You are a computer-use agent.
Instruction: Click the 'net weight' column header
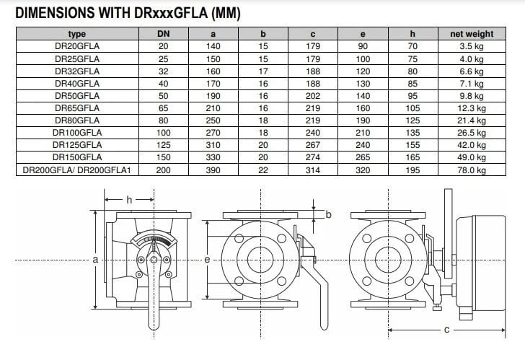coord(472,34)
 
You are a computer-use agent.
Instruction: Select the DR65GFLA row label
coord(77,108)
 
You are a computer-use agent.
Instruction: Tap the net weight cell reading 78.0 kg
coord(472,170)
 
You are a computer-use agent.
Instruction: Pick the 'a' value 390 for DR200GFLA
coord(213,170)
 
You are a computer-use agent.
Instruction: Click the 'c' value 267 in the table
coord(313,145)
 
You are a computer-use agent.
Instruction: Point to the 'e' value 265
coord(363,157)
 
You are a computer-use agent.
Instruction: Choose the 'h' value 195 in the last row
coord(412,170)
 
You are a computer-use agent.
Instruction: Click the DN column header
coord(164,34)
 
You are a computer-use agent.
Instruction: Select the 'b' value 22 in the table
coord(262,170)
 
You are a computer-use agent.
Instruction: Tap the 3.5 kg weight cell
coord(472,46)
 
